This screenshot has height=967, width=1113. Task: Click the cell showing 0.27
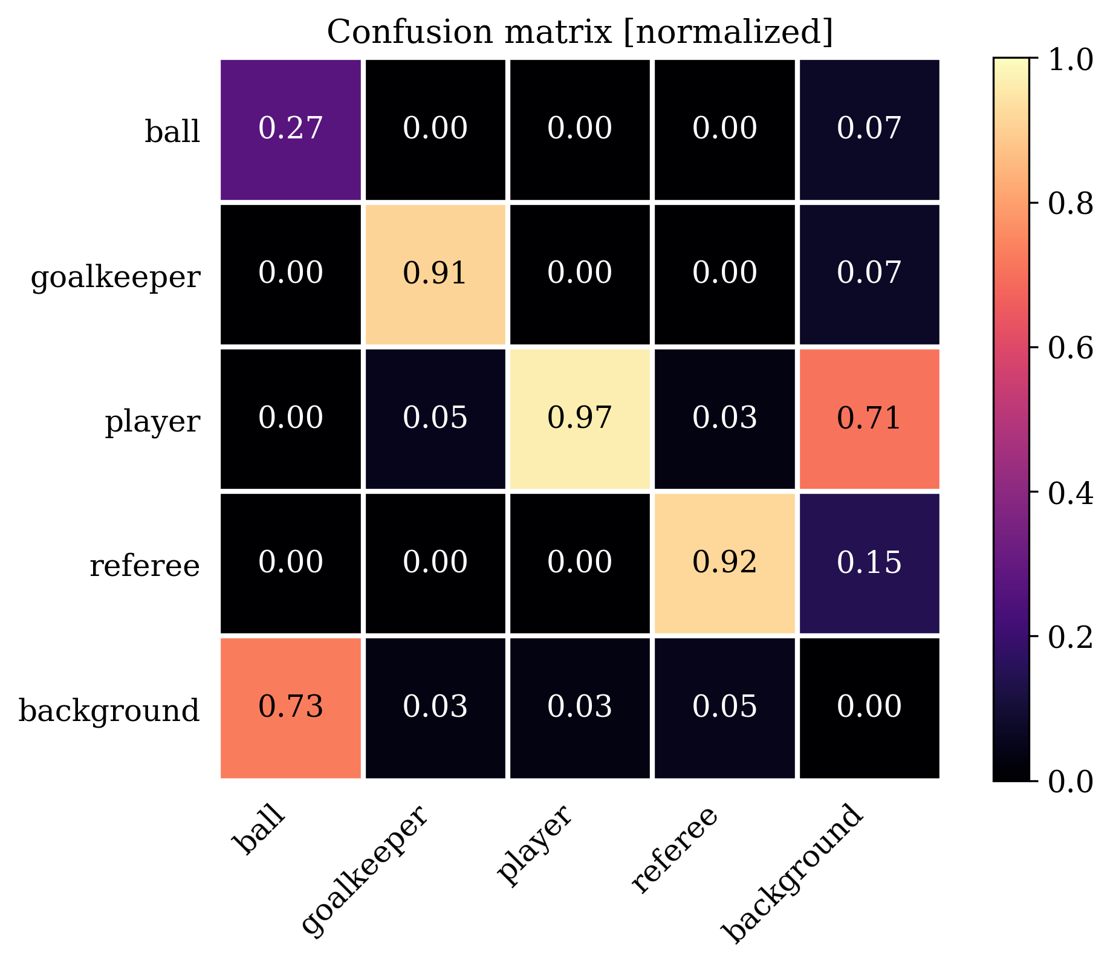[x=290, y=129]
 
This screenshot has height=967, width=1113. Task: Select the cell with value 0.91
[x=435, y=274]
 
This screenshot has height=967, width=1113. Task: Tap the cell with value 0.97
[x=580, y=418]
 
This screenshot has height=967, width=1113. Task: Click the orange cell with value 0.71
[x=869, y=418]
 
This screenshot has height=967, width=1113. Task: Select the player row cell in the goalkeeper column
[x=435, y=418]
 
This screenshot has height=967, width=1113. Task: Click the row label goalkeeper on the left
[x=115, y=277]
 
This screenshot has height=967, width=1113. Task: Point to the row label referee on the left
[x=144, y=566]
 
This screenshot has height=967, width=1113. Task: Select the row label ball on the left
[x=172, y=131]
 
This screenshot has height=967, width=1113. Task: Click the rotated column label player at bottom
[x=534, y=846]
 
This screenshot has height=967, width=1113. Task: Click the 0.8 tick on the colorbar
[x=1069, y=204]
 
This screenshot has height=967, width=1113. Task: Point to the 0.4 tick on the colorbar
[x=1069, y=493]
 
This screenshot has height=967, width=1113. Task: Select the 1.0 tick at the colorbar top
[x=1069, y=60]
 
